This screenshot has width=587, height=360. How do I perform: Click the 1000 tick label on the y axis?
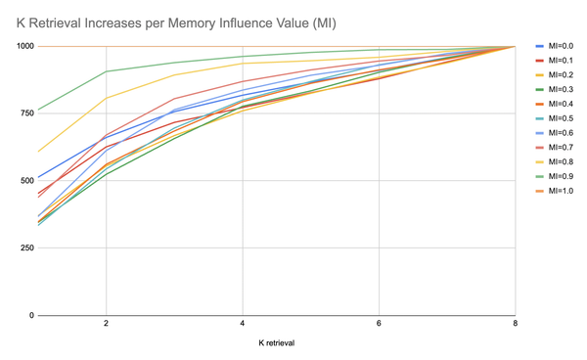(x=24, y=47)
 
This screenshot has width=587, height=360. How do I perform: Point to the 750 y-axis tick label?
(x=26, y=113)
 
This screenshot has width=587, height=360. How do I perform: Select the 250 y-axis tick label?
(x=26, y=248)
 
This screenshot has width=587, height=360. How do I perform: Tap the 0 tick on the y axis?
(x=31, y=316)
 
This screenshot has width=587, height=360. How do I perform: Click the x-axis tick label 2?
(x=105, y=325)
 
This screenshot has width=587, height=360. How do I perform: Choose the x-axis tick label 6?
(x=379, y=325)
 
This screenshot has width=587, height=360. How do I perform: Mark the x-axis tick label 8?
(x=515, y=325)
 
